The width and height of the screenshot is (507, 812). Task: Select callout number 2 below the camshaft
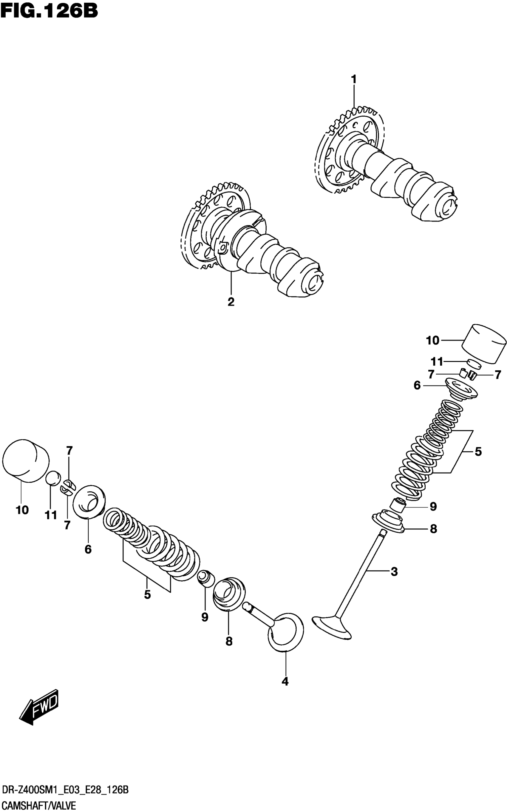point(231,302)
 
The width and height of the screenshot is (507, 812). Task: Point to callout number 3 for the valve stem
point(394,571)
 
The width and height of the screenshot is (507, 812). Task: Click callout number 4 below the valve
point(285,682)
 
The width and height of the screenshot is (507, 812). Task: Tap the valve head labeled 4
point(285,632)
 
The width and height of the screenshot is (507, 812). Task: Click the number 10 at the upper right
point(432,340)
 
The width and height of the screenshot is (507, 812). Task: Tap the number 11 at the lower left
point(51,515)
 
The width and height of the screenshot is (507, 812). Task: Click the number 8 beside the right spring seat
point(433,529)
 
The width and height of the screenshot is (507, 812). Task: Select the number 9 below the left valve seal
point(205,617)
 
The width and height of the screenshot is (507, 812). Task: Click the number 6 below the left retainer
point(88,549)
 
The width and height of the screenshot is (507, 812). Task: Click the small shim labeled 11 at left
point(53,478)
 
